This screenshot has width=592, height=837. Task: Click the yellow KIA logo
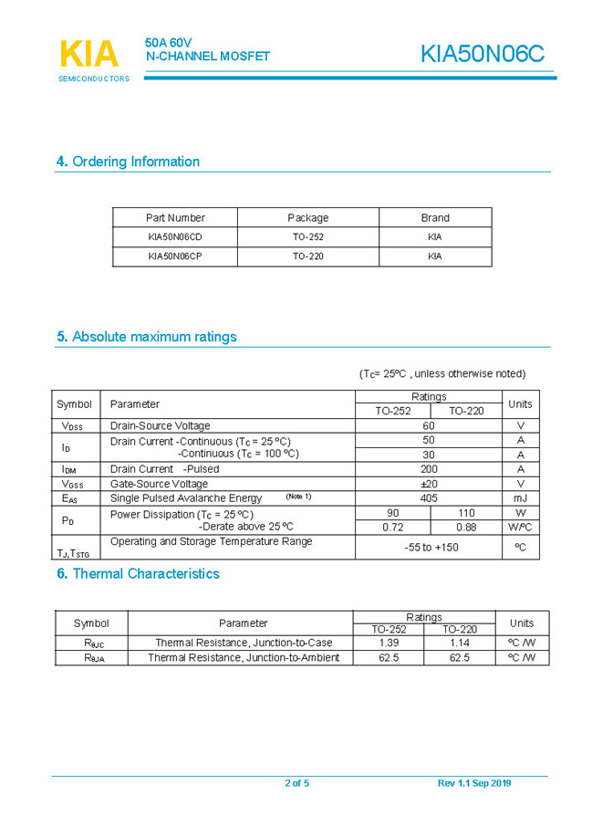click(88, 54)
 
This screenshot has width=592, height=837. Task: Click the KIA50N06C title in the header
click(482, 55)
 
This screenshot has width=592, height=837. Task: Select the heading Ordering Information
click(128, 162)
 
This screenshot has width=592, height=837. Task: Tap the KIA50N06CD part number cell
click(175, 236)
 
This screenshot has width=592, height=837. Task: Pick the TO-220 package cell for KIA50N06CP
click(307, 256)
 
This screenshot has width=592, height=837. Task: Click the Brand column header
click(435, 218)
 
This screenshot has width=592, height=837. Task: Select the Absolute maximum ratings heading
click(146, 337)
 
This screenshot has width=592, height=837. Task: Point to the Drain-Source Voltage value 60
click(428, 425)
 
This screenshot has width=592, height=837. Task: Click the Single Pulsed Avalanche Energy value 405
click(428, 498)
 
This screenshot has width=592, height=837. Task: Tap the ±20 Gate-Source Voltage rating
click(428, 484)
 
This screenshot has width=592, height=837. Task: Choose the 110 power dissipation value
click(466, 513)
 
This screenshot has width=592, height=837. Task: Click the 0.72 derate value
click(392, 527)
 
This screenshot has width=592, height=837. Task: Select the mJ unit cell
click(520, 498)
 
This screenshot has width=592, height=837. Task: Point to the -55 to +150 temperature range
click(431, 548)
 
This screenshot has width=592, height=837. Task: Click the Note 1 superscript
click(298, 497)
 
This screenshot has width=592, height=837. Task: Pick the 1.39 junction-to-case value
click(389, 643)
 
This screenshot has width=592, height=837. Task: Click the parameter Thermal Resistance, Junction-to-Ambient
click(244, 657)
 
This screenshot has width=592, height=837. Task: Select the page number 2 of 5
click(297, 783)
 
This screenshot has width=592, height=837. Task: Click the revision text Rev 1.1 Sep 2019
click(474, 783)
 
